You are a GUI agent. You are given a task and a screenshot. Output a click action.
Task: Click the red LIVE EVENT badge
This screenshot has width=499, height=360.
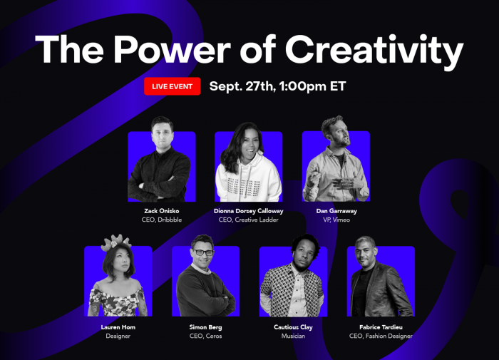tap(173, 86)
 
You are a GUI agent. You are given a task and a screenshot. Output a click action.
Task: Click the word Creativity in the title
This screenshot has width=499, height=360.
tap(374, 51)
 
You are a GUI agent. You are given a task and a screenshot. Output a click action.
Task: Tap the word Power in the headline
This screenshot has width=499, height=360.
tap(173, 50)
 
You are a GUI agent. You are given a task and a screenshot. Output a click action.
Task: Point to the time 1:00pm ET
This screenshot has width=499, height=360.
tap(313, 86)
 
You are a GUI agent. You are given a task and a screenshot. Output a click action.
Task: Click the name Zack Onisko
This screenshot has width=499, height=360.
tap(162, 211)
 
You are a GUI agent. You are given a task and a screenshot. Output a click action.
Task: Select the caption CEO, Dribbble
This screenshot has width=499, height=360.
tap(162, 220)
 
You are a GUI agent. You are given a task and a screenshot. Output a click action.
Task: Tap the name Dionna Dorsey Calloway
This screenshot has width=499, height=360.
tap(249, 211)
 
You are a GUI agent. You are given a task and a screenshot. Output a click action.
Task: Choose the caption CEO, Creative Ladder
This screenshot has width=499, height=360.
tap(249, 220)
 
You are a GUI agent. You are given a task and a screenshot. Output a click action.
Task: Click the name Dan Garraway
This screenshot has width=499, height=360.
tap(336, 211)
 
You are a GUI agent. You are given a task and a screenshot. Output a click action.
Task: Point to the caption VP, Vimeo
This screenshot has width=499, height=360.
tap(336, 220)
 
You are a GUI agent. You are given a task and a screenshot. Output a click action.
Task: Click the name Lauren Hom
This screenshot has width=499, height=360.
tap(118, 327)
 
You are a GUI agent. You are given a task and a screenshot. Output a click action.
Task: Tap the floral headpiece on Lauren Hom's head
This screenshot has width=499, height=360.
tap(116, 242)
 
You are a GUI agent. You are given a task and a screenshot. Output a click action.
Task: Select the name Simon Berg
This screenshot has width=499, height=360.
tap(205, 327)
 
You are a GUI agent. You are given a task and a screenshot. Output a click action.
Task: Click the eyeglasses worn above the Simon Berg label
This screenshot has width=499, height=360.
tap(203, 252)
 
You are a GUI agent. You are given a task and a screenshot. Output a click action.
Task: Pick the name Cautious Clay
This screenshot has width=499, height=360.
tap(293, 327)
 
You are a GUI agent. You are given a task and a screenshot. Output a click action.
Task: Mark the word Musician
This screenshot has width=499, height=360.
tap(293, 336)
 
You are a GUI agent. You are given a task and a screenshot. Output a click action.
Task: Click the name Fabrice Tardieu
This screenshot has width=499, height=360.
tap(381, 327)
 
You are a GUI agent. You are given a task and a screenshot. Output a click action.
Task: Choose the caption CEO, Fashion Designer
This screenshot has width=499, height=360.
tap(381, 336)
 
